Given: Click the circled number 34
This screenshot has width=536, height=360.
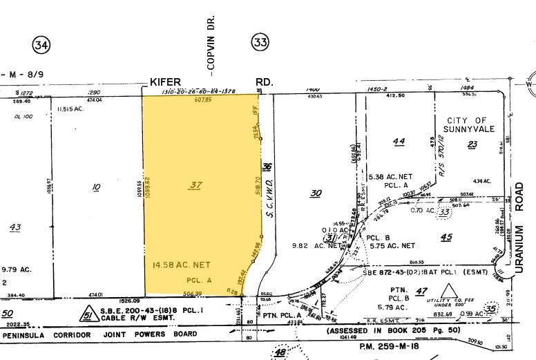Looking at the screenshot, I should point(41,46).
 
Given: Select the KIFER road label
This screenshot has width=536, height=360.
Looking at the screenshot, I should point(165,82).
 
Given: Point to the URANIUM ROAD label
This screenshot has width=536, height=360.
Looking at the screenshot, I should point(519,201).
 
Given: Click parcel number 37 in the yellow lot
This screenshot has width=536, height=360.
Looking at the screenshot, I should point(195,184).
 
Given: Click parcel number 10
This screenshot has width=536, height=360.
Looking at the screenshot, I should point(96,185).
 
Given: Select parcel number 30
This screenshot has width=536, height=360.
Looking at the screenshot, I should point(316,193).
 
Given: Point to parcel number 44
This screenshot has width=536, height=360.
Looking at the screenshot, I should point(398,142).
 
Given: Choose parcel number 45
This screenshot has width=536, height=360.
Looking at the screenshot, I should point(446,238).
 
